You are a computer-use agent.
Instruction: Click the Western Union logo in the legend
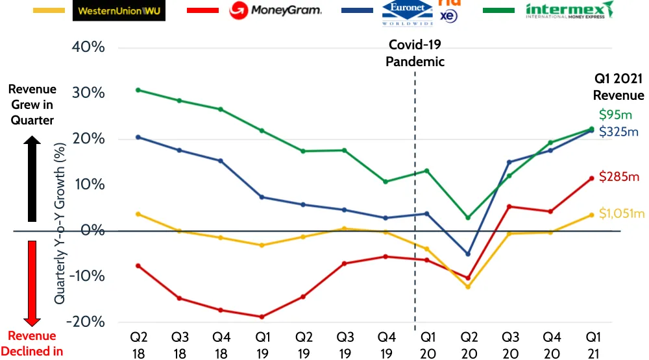(x=119, y=10)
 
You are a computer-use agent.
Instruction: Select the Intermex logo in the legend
(x=569, y=10)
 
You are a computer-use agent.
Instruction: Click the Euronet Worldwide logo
(x=406, y=11)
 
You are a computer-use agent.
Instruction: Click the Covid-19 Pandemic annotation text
(x=415, y=53)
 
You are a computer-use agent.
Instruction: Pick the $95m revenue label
(x=615, y=115)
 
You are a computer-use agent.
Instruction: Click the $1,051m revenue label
(x=622, y=214)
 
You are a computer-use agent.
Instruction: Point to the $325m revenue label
(x=618, y=132)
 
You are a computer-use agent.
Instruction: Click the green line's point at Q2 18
(x=138, y=90)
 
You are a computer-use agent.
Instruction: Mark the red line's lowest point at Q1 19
(x=262, y=317)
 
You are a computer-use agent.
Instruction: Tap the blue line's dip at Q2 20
(x=468, y=254)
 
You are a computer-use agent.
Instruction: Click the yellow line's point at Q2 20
(x=468, y=287)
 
